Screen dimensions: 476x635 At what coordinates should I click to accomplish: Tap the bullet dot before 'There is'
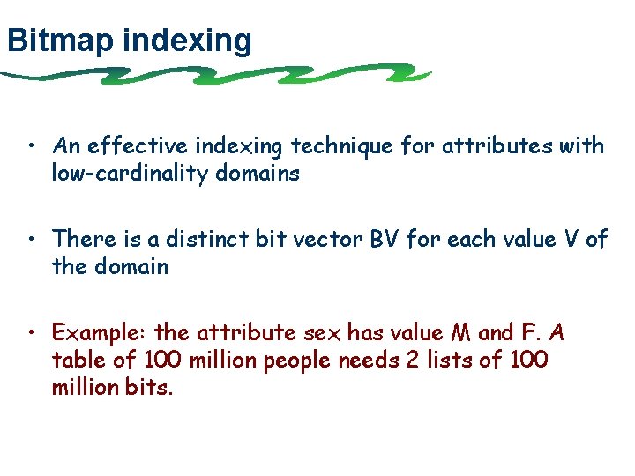pyautogui.click(x=31, y=239)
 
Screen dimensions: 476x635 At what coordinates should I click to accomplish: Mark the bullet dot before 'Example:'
pyautogui.click(x=31, y=333)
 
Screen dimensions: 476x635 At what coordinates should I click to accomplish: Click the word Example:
pyautogui.click(x=99, y=333)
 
